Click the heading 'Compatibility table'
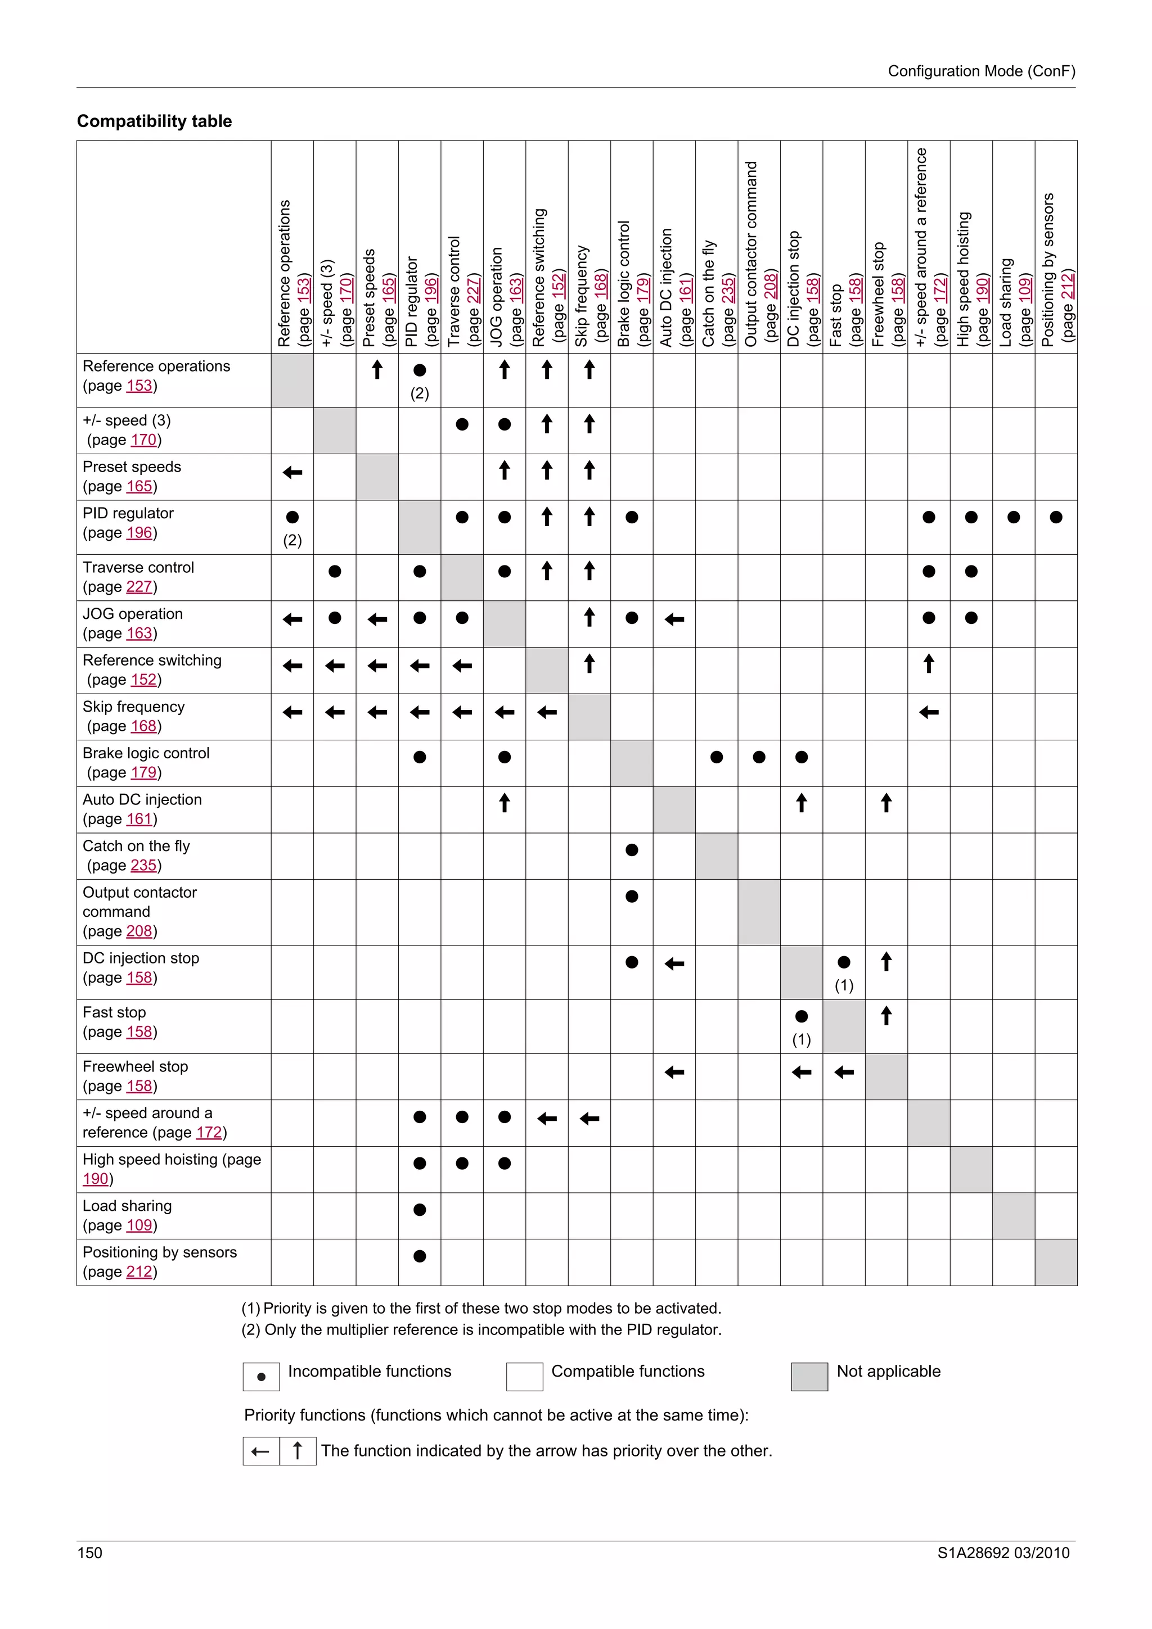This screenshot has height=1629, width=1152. click(154, 121)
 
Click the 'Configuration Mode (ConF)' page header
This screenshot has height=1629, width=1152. click(981, 71)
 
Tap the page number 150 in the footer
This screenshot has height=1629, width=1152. click(89, 1553)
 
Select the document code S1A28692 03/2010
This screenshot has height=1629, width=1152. click(1003, 1553)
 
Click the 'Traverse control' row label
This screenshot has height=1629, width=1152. click(138, 568)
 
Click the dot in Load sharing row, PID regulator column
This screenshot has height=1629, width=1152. click(420, 1210)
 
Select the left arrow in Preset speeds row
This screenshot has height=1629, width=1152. click(292, 473)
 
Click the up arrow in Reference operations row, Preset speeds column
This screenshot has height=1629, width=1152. click(377, 370)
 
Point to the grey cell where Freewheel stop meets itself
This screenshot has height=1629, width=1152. click(886, 1076)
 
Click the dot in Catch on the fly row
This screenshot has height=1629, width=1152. click(632, 850)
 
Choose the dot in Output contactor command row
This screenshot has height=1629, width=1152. click(632, 896)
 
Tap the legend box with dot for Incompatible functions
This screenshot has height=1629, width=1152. click(261, 1377)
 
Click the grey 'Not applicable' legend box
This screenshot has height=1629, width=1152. click(809, 1377)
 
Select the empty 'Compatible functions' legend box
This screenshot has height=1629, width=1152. click(525, 1377)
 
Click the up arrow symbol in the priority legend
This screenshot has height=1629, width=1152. click(298, 1451)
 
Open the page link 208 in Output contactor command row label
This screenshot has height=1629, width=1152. click(139, 931)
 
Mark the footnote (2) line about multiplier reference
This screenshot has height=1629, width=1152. click(481, 1329)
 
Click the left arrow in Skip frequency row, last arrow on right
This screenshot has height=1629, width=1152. click(929, 712)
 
